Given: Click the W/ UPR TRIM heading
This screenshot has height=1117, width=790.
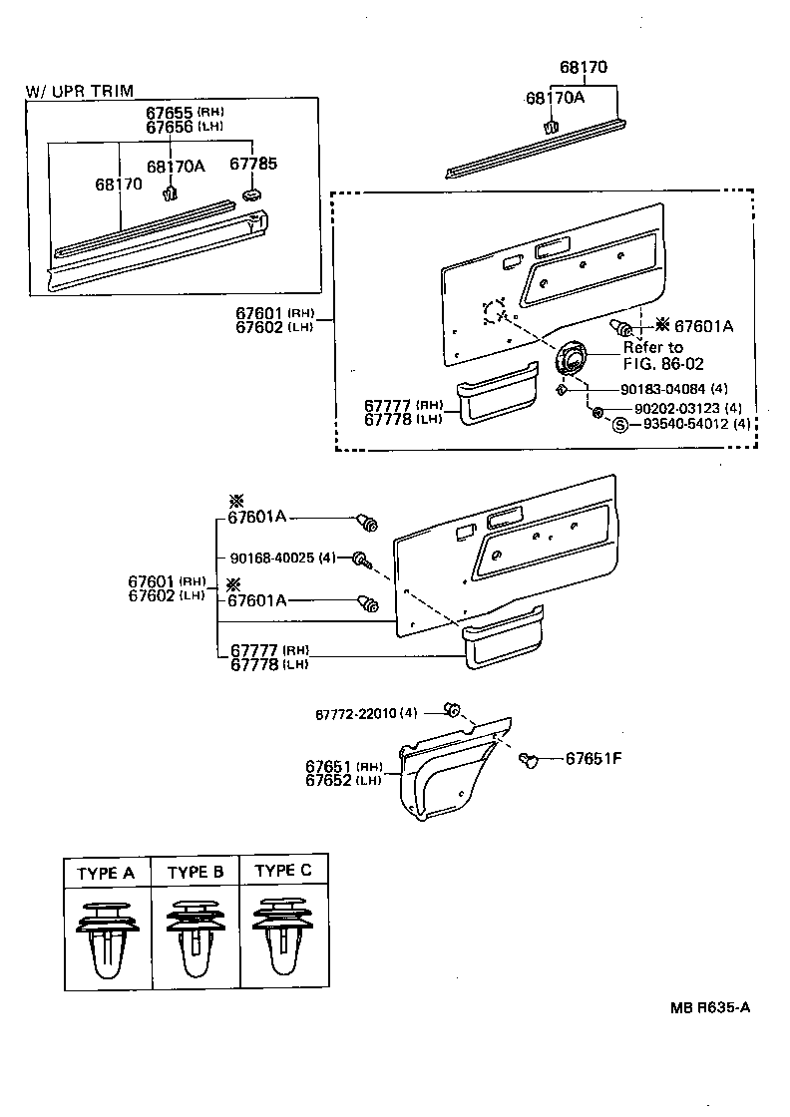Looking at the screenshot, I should point(79,91).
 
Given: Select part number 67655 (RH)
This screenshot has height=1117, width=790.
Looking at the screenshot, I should point(184,112).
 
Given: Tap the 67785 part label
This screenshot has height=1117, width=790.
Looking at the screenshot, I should point(253,164).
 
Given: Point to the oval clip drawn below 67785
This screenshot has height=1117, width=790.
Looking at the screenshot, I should point(251,192).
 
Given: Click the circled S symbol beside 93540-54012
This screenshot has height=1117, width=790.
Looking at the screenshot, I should point(618,426).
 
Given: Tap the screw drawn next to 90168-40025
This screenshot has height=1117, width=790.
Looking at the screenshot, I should point(361,559).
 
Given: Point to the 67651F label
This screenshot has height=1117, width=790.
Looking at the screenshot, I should point(593,758).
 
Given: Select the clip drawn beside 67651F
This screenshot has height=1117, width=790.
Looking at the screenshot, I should point(529,761).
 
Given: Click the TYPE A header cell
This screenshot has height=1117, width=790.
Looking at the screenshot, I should point(106,873).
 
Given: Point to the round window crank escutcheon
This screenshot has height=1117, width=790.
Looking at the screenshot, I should point(573,358).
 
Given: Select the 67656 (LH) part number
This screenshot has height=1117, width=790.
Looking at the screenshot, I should point(184,127).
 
